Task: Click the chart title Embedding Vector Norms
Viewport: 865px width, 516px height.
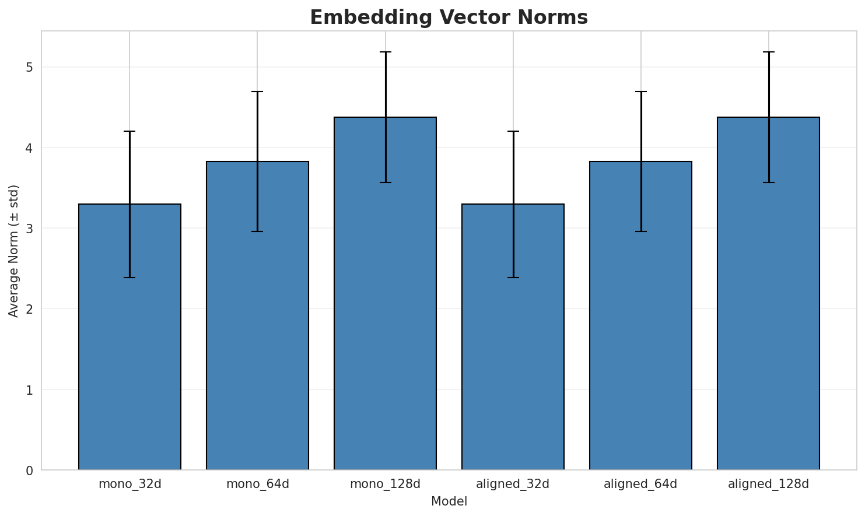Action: click(x=449, y=17)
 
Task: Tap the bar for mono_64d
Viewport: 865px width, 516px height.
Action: click(x=257, y=315)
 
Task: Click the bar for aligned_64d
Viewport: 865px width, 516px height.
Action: click(x=640, y=315)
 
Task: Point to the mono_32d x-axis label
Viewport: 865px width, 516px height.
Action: click(x=129, y=484)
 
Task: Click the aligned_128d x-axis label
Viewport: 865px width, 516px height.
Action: click(x=768, y=484)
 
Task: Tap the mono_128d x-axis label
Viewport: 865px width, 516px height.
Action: click(x=385, y=484)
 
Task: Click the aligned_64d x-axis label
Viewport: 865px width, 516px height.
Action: click(x=640, y=484)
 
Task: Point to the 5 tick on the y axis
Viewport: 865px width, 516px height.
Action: click(x=29, y=68)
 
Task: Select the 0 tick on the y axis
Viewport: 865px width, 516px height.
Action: click(x=29, y=470)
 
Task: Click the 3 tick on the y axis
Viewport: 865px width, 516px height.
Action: click(x=29, y=229)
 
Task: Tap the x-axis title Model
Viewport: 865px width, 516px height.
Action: click(x=449, y=501)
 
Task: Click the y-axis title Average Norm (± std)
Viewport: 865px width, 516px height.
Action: click(x=14, y=251)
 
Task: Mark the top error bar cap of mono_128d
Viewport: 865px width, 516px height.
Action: click(x=385, y=52)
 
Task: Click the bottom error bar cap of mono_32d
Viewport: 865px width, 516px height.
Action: click(x=129, y=278)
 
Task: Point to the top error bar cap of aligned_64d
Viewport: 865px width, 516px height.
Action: click(x=640, y=92)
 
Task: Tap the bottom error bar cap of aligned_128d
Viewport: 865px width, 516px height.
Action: click(x=768, y=182)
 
